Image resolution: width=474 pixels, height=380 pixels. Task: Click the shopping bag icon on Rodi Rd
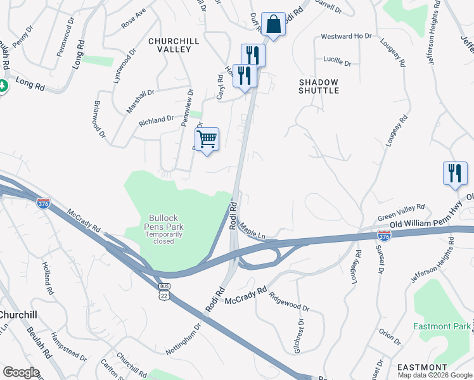tap(273, 25)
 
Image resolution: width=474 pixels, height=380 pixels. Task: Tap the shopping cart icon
tap(207, 139)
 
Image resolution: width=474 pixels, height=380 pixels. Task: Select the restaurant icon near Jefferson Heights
tap(454, 173)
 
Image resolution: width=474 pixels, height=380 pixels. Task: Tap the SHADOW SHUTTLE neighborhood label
tap(318, 86)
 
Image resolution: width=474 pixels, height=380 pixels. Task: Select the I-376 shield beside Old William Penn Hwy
tap(384, 235)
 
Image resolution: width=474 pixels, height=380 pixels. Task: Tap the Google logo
tap(21, 372)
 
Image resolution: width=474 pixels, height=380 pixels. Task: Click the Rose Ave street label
tap(134, 18)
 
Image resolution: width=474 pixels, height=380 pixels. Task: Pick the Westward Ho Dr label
tap(346, 37)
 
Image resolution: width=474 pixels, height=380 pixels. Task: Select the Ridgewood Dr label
tap(288, 302)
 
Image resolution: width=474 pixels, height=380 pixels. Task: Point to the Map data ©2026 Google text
tap(435, 374)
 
